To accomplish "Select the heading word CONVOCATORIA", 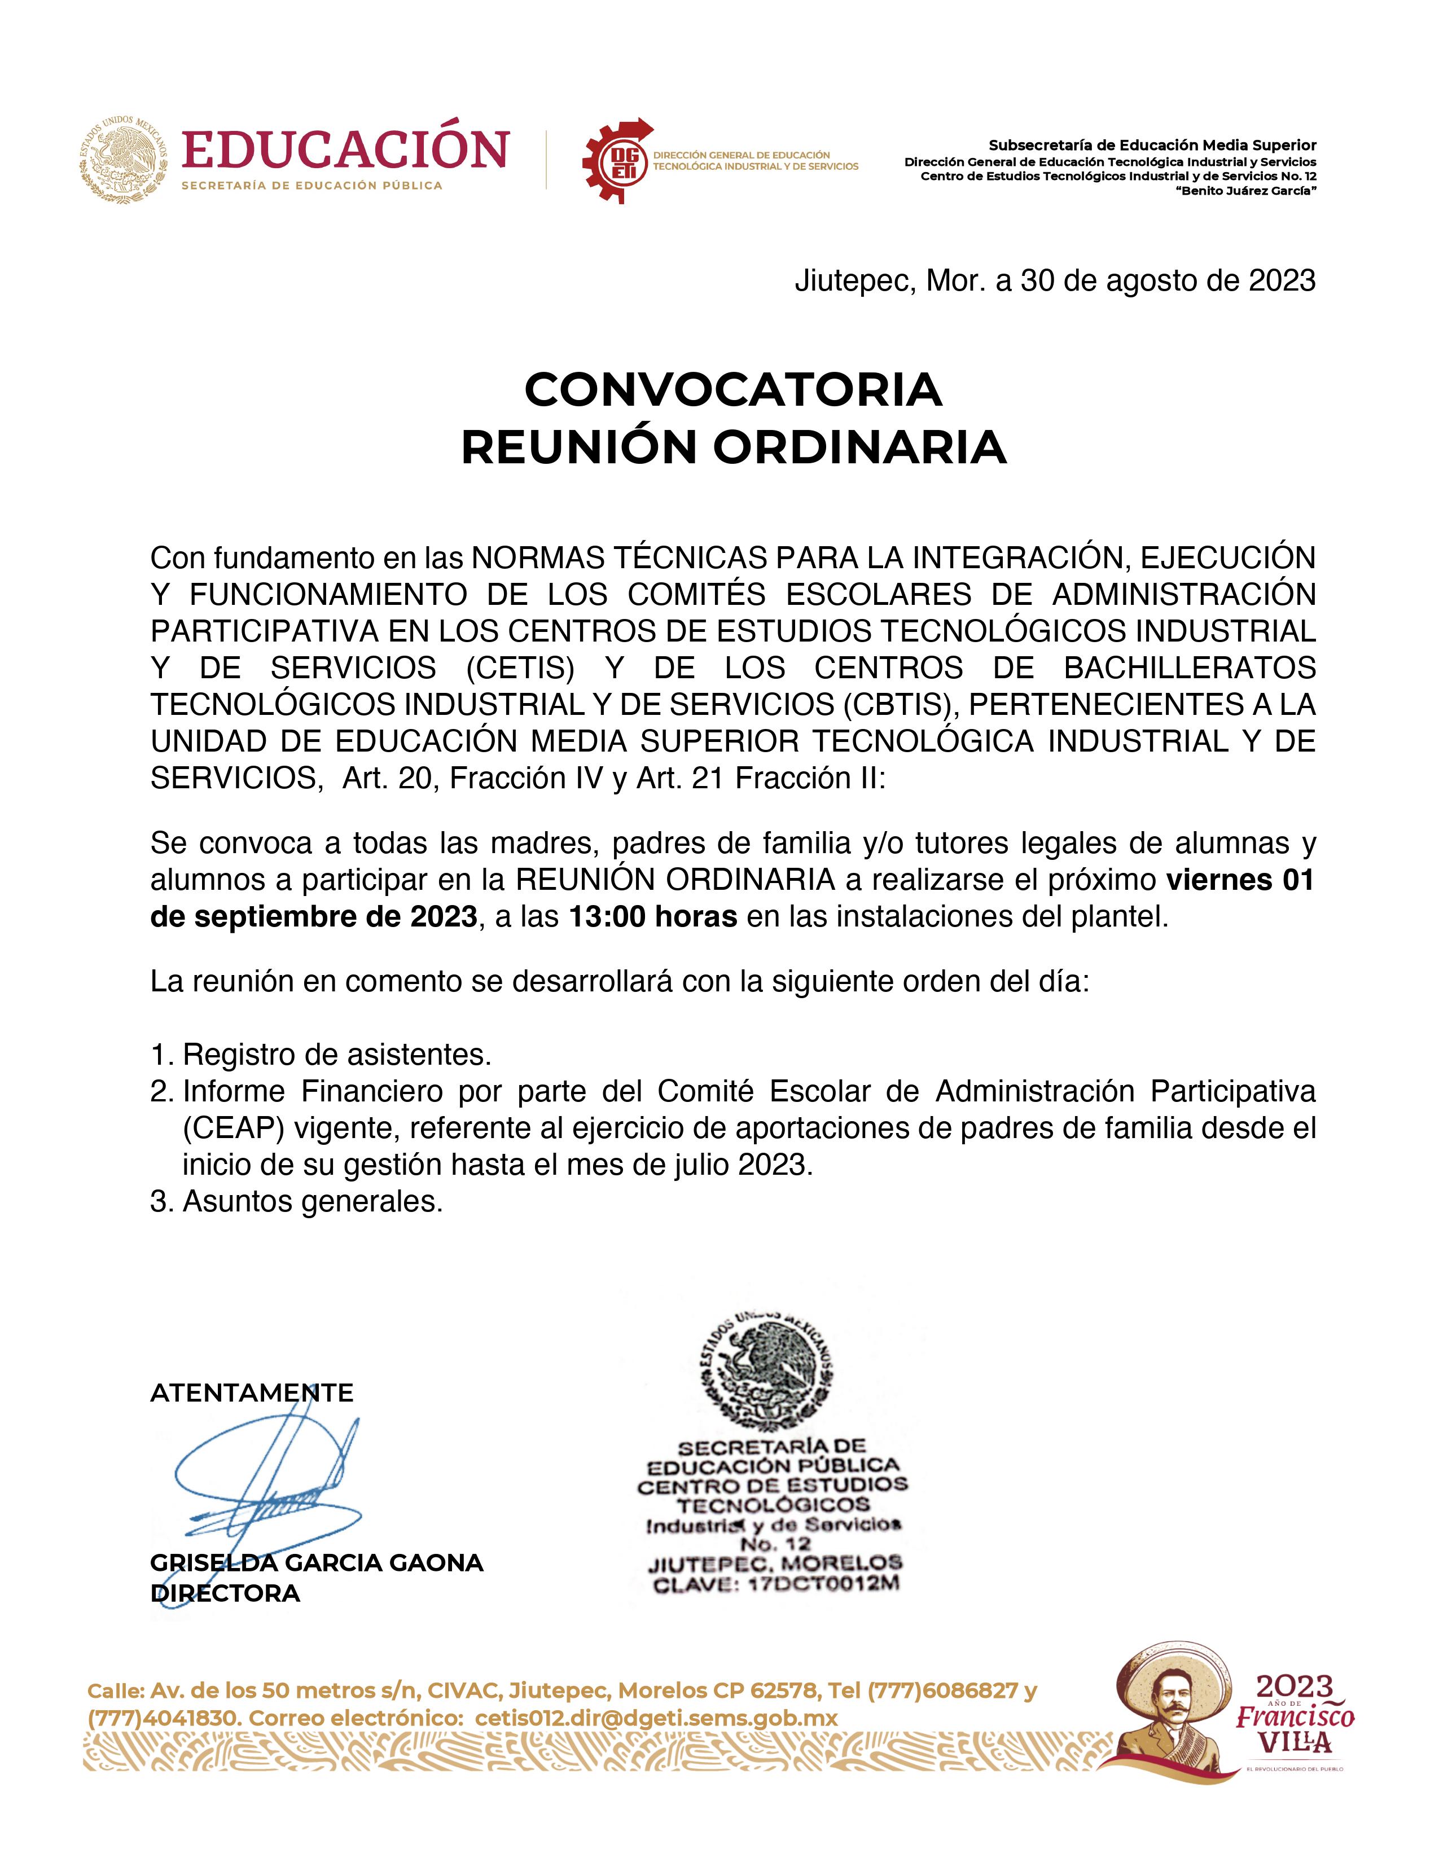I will (733, 390).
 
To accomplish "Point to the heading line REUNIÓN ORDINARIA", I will (733, 447).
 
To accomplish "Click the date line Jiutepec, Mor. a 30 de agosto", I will (1055, 280).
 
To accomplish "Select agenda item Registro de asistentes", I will (337, 1055).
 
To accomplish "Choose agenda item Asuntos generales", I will (313, 1201).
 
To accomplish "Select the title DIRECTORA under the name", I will (225, 1593).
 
